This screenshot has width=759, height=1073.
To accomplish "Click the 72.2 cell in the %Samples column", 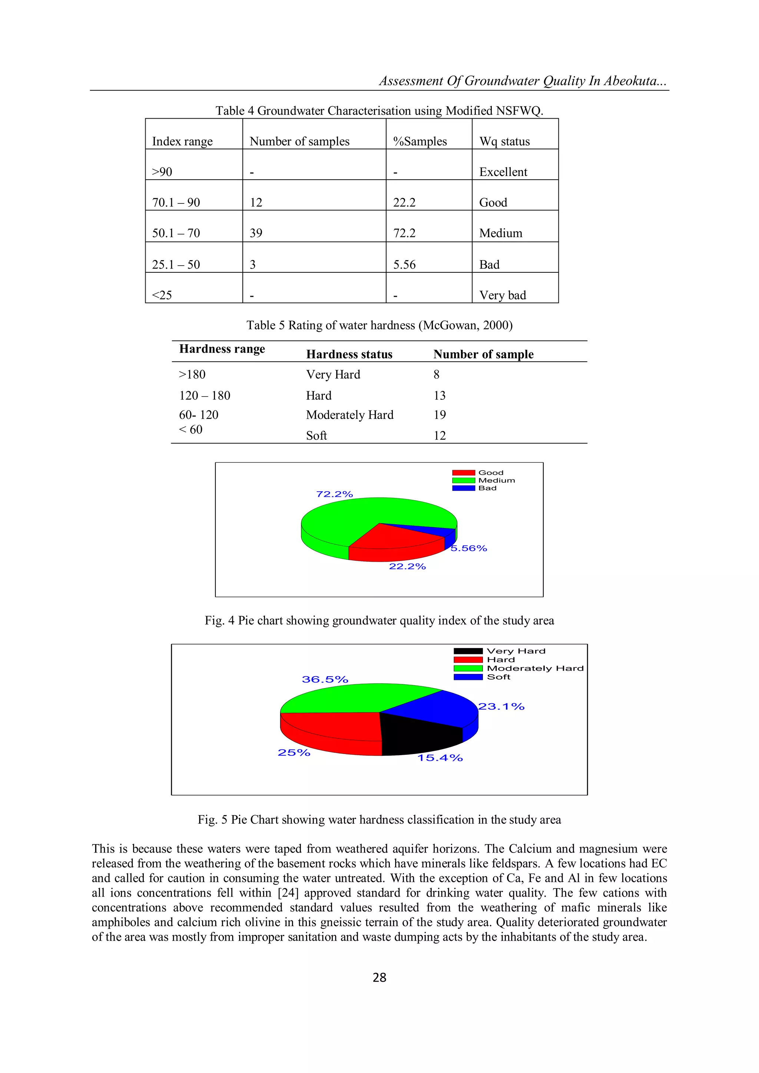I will point(404,233).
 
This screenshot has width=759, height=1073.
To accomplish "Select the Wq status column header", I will point(504,141).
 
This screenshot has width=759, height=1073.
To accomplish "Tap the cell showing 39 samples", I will point(256,233).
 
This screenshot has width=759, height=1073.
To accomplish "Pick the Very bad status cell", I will point(503,295).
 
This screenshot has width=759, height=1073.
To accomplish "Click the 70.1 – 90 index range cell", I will point(176,202).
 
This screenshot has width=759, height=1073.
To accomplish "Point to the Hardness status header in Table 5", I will point(349,354).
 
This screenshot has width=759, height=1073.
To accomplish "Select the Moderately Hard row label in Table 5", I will point(349,415).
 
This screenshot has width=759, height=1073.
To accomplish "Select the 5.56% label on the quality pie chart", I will point(469,548).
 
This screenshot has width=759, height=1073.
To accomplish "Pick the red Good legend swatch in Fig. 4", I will point(463,472).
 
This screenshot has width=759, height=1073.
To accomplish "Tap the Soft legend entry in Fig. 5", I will point(498,677).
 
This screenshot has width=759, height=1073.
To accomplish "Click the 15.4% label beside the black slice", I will point(440,758).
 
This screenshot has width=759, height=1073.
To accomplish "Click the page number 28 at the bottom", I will point(379,977).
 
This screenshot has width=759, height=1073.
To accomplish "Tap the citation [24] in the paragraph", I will point(288,893).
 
